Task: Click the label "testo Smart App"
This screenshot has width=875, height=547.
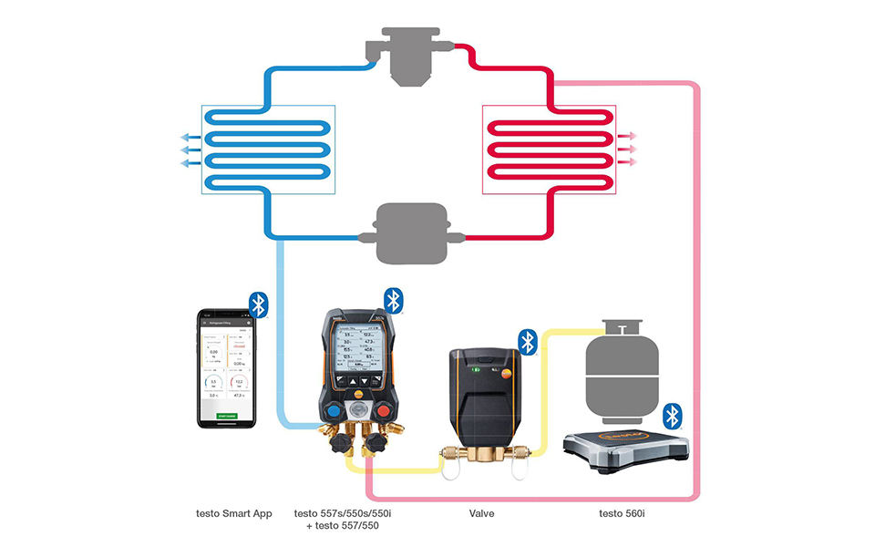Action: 234,514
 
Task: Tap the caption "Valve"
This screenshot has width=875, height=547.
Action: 480,514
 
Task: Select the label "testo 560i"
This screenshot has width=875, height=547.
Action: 623,514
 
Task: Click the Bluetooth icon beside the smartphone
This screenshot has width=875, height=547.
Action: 259,304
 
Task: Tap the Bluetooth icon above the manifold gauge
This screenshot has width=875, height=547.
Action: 394,300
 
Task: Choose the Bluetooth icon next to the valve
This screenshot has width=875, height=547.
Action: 528,342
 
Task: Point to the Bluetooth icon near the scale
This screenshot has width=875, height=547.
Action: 673,416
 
